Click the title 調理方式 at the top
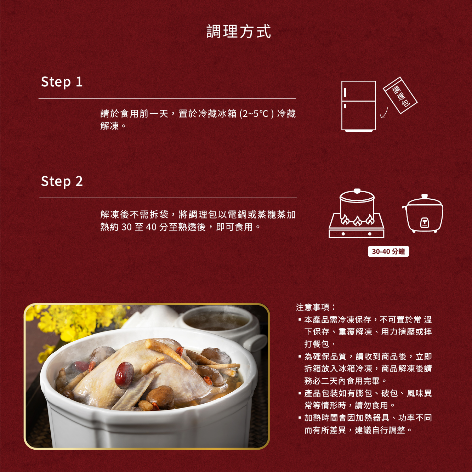(x=239, y=32)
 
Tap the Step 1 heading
(x=62, y=82)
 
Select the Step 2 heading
(x=62, y=182)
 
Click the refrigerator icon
(x=358, y=106)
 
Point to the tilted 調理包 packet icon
(x=400, y=95)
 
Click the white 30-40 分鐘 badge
(x=388, y=251)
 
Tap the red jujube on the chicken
(x=124, y=374)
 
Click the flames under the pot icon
(x=357, y=220)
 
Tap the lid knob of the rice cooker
(x=425, y=196)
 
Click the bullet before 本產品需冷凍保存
(x=300, y=320)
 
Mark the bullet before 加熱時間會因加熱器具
(x=300, y=418)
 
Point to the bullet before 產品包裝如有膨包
(x=300, y=393)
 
